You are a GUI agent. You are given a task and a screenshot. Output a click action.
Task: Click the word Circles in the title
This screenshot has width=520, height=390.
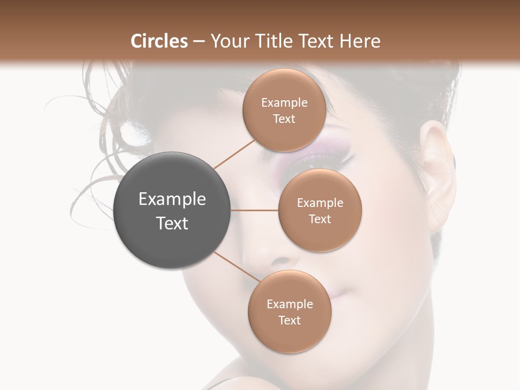point(159,41)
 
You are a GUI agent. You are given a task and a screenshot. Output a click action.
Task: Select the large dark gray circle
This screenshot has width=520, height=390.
point(172,210)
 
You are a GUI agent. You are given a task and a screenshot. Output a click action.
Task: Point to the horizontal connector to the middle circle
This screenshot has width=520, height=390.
point(255,210)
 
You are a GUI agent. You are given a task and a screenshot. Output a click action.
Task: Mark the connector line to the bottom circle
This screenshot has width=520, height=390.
point(237,266)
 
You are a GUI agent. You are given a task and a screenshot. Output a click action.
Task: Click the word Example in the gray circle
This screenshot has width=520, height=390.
point(172,199)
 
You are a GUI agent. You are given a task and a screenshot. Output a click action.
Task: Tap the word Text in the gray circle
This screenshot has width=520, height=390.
point(172,223)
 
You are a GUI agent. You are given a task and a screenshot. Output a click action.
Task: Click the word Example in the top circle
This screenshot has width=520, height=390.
point(284,103)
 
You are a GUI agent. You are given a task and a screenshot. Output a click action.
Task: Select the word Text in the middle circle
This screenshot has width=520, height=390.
point(320,219)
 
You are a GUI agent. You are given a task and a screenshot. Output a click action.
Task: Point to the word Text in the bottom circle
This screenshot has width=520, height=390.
point(289,321)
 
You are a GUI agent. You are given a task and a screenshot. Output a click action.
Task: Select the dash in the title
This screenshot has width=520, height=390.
point(199,41)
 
